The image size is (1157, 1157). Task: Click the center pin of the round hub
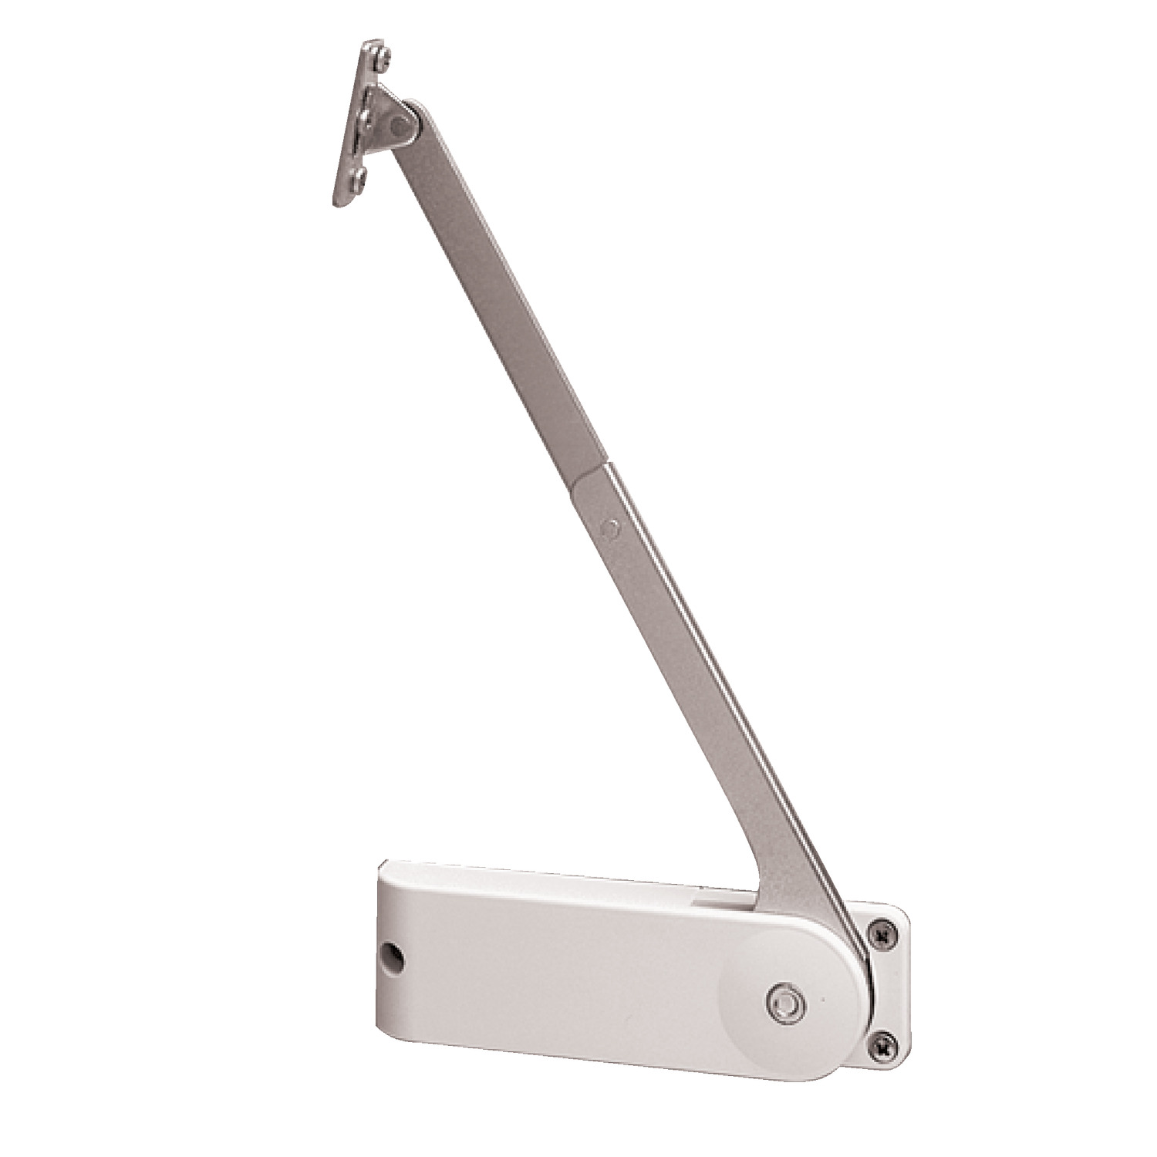785,1000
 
